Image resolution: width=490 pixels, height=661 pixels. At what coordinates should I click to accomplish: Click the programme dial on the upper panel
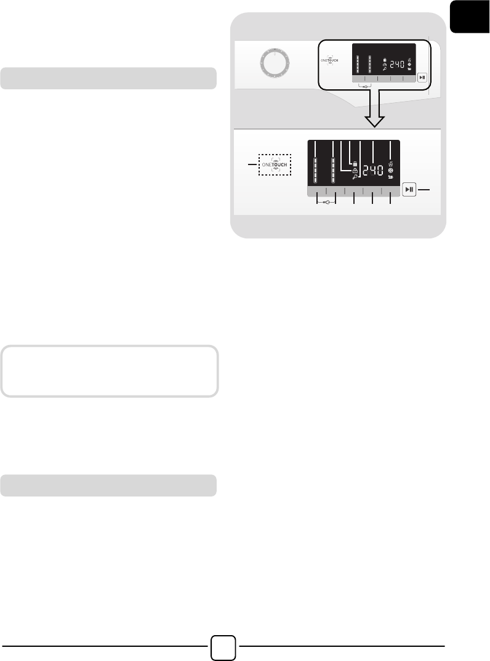271,63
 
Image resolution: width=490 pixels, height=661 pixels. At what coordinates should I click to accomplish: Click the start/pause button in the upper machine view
422,78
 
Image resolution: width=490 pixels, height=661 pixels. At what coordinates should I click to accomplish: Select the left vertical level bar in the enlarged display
315,169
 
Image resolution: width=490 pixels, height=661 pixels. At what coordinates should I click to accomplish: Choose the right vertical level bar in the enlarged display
334,169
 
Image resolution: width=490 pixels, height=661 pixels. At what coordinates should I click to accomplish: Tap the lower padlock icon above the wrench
355,170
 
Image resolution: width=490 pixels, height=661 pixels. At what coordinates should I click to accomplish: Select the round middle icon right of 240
391,171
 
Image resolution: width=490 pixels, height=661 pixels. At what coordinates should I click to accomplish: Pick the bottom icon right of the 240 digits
391,177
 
